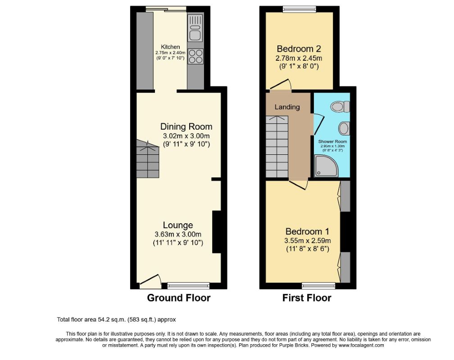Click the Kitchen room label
(171, 47)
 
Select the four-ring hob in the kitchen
(195, 56)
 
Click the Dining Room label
(186, 126)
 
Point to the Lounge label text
(178, 225)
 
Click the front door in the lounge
(150, 281)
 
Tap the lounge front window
(188, 285)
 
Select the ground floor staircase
(148, 158)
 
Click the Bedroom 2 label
(299, 49)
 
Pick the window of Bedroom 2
(299, 9)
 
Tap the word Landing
(287, 107)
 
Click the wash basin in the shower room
(344, 129)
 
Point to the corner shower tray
(326, 166)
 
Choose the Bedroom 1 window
(318, 285)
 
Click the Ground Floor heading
(179, 298)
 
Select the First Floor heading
(307, 298)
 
